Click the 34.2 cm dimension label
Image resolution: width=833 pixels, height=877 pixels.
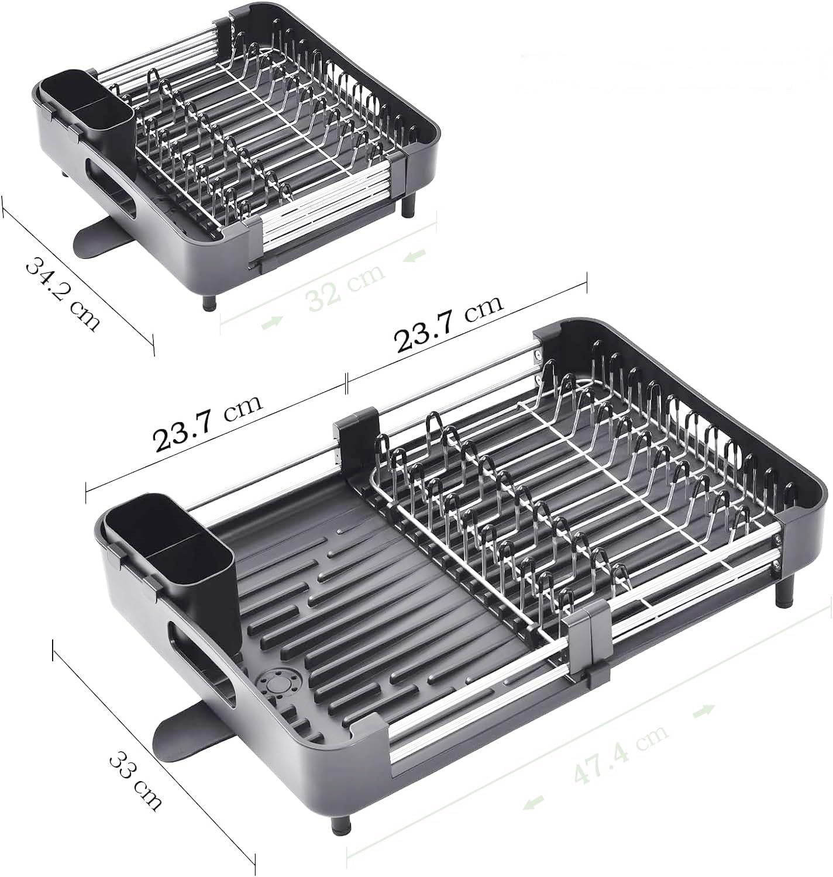pyautogui.click(x=63, y=295)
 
